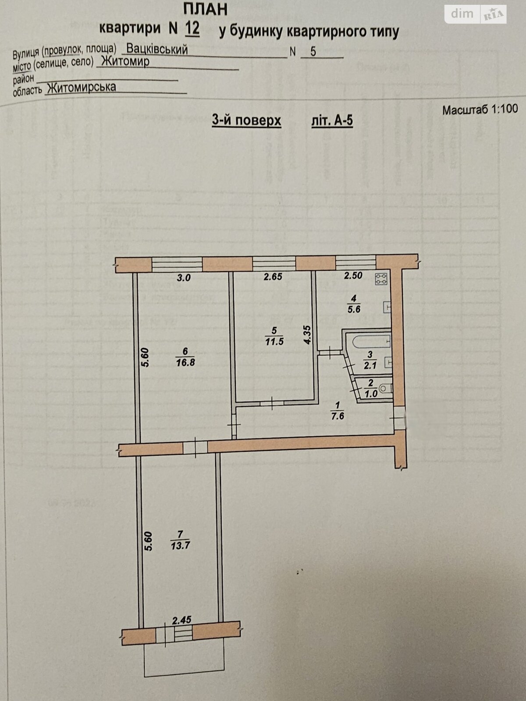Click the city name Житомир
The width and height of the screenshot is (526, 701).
[125, 61]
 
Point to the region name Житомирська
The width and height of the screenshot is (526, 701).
[82, 87]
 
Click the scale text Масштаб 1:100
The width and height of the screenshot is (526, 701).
[480, 109]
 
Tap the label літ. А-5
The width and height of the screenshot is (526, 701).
[332, 120]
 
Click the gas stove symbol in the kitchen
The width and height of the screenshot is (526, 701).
[380, 279]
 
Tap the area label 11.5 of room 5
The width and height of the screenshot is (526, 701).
[274, 341]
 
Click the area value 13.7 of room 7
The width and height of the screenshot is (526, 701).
[180, 546]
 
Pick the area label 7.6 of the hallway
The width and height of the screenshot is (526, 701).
[338, 416]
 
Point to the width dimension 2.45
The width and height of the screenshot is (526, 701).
[182, 620]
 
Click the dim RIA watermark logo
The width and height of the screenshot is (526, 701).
[476, 14]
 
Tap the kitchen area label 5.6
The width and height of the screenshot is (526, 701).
[353, 309]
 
